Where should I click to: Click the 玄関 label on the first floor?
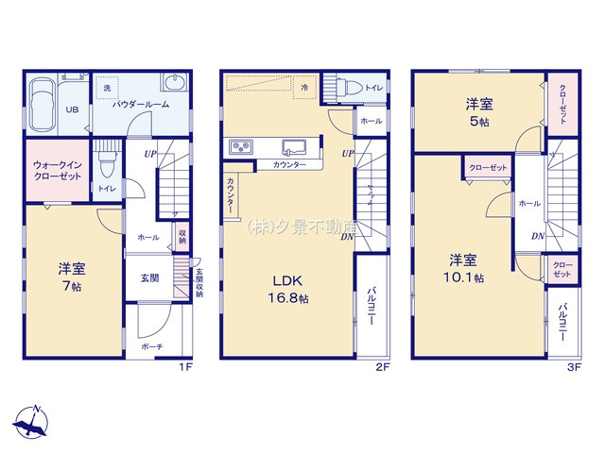point(151,277)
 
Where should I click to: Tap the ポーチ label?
point(151,347)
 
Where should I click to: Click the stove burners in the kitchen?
point(239,146)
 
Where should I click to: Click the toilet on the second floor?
point(346,87)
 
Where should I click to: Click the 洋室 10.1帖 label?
point(466,268)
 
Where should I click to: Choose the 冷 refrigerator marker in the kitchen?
point(304,87)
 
